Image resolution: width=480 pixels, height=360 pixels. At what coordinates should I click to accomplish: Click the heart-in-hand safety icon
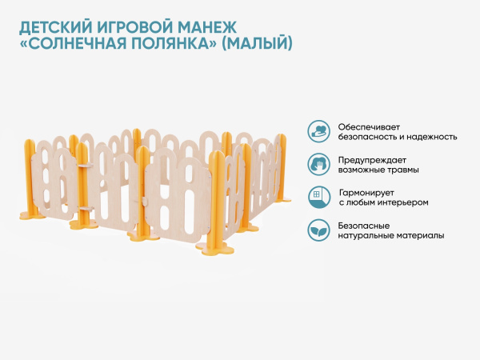coord(318,131)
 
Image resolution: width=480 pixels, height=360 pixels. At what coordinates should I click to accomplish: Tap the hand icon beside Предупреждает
coord(318,164)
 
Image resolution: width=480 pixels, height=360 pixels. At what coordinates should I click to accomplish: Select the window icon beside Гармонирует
coord(318,197)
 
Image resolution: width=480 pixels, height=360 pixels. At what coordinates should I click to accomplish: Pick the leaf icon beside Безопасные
coord(318,230)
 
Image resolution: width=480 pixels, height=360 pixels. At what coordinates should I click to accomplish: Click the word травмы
coord(402,170)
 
